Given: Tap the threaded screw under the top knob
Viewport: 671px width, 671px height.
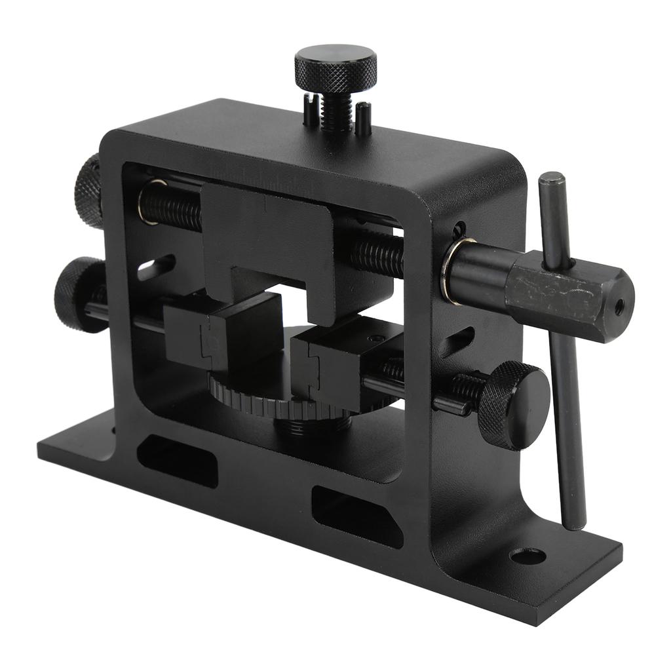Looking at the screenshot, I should click(337, 111).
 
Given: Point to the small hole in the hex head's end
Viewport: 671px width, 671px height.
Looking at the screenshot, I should click(618, 305).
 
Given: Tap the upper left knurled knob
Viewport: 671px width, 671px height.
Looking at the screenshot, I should click(88, 190).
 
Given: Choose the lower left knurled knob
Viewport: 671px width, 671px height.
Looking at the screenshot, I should click(79, 293).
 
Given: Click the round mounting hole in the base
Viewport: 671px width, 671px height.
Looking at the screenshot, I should click(527, 556).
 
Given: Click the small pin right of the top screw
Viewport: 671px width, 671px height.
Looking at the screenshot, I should click(363, 119).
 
